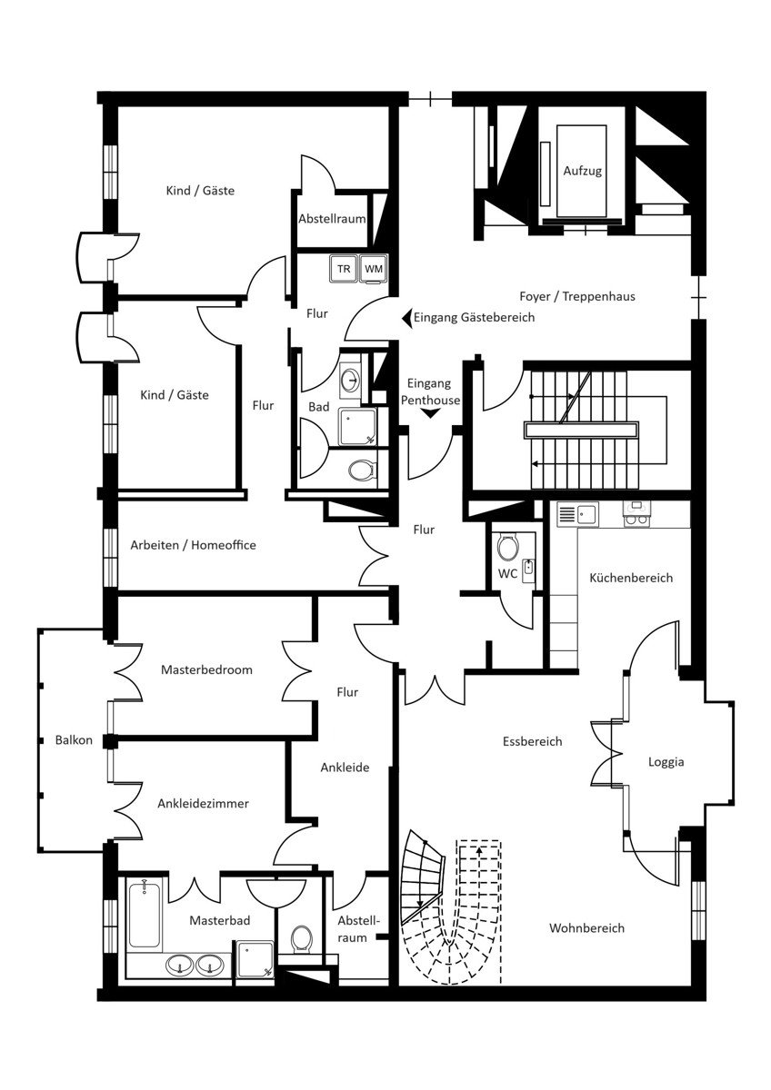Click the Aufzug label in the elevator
pos(582,171)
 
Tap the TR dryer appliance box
pos(344,269)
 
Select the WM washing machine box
pos(374,269)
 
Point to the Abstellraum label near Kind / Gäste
pos(332,219)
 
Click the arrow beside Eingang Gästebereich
pos(406,317)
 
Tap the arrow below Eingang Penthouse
pos(431,413)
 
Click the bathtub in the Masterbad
pos(145,915)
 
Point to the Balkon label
pos(74,740)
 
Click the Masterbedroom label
pos(206,669)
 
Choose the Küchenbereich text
pos(631,578)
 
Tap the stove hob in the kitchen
pos(636,514)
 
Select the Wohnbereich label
pos(586,928)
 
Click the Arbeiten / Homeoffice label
pos(193,545)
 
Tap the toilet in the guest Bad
pos(361,471)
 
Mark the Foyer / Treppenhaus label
pos(577,296)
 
